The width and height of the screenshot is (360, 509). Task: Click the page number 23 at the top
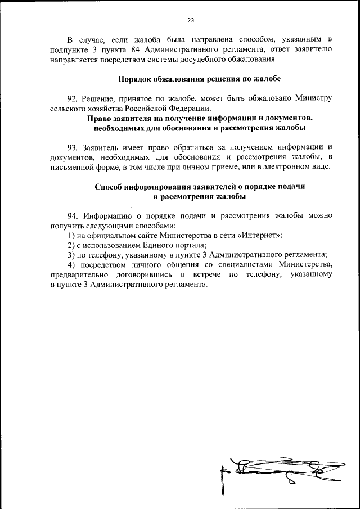pyautogui.click(x=190, y=20)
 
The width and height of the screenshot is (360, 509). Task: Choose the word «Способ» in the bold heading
pyautogui.click(x=107, y=187)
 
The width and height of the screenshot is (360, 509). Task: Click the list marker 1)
pyautogui.click(x=71, y=235)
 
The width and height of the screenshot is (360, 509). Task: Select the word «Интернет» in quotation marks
pyautogui.click(x=262, y=235)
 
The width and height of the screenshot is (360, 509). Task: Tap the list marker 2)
pyautogui.click(x=71, y=245)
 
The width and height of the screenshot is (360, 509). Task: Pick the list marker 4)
pyautogui.click(x=71, y=264)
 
